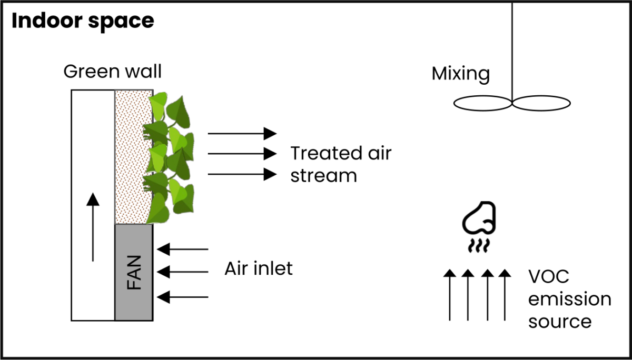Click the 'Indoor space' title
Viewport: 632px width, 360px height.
coord(83,21)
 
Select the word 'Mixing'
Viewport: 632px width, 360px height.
coord(460,74)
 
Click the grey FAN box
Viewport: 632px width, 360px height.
coord(134,272)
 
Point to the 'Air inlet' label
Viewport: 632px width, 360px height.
coord(259,269)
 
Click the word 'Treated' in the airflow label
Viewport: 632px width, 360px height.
coord(319,154)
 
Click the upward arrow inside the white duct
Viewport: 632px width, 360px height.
coord(93,227)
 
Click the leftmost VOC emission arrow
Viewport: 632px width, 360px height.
coord(449,295)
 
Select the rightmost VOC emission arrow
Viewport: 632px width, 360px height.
coord(505,295)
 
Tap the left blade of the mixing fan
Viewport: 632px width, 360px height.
coord(482,103)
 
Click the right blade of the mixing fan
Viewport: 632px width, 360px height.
coord(541,103)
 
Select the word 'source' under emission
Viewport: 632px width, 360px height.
coord(560,321)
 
